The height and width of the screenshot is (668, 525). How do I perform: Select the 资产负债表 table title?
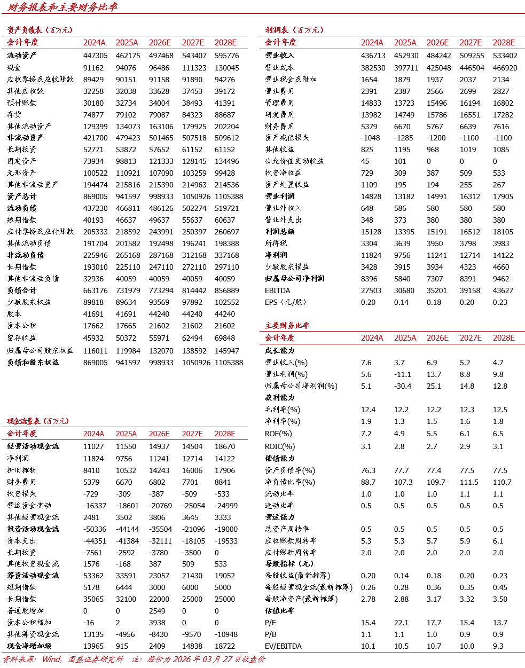pos(25,30)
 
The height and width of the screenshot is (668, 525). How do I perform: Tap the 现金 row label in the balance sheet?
pos(14,68)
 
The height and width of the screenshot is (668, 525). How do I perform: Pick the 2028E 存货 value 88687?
pos(225,115)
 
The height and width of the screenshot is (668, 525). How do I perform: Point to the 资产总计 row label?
pos(22,197)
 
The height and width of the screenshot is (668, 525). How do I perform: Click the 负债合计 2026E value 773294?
pos(161,290)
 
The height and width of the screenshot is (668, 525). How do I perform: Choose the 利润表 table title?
pos(277,30)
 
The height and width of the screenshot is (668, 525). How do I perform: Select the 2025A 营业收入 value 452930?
pos(406,56)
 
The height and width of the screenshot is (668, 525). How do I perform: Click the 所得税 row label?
pos(276,243)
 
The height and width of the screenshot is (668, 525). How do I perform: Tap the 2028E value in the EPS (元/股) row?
pos(500,302)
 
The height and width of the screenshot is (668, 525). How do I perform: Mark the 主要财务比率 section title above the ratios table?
pos(287,325)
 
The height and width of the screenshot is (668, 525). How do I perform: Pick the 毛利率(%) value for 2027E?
pos(467,410)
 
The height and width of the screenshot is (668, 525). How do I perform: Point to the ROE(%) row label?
pos(278,434)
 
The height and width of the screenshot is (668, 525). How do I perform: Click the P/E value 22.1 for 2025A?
pos(401,623)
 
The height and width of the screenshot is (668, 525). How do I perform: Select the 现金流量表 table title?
pos(25,421)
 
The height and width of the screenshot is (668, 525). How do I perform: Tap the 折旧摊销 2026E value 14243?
pos(159,470)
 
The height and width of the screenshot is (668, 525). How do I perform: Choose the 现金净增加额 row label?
pos(29,646)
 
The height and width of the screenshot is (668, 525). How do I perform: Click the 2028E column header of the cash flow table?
pos(225,434)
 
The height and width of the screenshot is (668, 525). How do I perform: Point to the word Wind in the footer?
pos(51,659)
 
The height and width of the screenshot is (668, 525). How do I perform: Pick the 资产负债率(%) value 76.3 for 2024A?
pos(368,470)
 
